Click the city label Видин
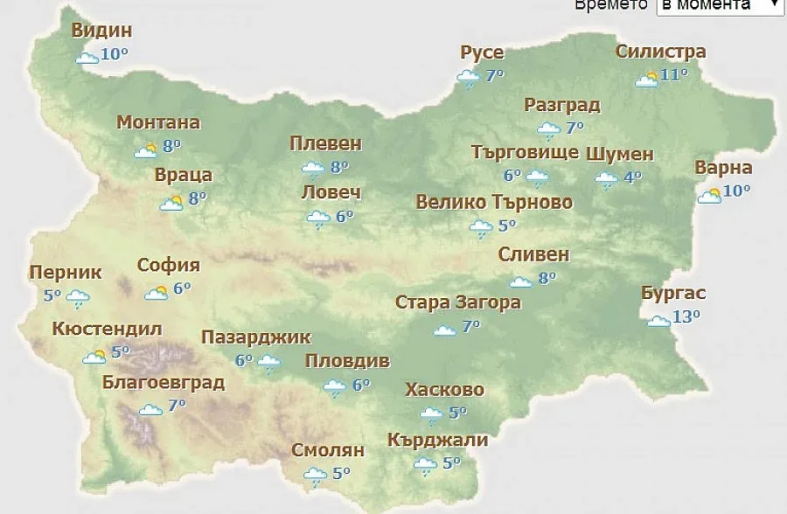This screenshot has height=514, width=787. [101, 31]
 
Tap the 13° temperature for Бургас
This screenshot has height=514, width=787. [686, 316]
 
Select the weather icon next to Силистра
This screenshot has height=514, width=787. [647, 80]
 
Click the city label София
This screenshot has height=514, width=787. [169, 266]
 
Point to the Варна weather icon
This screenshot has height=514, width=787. [709, 196]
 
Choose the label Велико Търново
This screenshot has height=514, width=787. [494, 203]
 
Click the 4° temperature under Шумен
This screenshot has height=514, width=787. [631, 177]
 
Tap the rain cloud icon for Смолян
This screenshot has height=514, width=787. [315, 476]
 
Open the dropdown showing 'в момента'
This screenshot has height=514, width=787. [718, 5]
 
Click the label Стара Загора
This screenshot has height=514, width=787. [458, 303]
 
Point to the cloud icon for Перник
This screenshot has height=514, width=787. [78, 299]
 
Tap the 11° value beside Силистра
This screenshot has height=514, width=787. [674, 74]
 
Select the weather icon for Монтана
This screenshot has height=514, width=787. [145, 150]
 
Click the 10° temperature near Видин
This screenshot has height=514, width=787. [115, 54]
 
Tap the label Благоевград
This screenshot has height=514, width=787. [164, 383]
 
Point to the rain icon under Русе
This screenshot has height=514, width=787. [469, 80]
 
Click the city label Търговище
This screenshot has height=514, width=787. [525, 153]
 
